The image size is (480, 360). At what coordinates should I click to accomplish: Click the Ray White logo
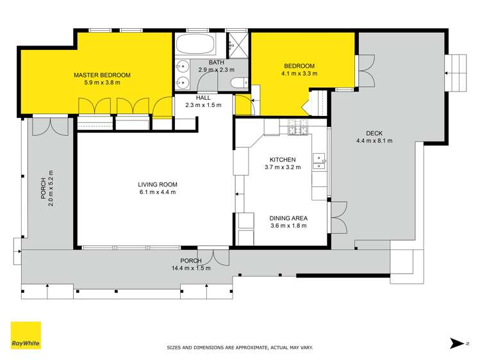26,335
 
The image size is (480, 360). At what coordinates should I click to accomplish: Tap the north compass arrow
457,343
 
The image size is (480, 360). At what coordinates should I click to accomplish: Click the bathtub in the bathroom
195,44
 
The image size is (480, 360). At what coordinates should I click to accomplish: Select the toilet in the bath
239,83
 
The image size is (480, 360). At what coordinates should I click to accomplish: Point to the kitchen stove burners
297,127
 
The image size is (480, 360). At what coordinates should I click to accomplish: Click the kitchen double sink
319,161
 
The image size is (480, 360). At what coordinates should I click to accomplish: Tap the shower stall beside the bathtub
238,45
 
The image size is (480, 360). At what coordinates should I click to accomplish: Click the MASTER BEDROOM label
102,75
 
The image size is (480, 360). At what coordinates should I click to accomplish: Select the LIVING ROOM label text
158,184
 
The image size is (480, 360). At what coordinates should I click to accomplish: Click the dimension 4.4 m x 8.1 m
374,141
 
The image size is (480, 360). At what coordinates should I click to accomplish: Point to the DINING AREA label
288,218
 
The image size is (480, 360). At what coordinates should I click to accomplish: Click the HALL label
203,97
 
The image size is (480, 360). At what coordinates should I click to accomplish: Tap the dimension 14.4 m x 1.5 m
191,268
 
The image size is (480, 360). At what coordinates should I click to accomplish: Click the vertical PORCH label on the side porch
44,188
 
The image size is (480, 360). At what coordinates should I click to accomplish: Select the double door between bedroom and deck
365,71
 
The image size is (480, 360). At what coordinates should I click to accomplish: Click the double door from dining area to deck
338,217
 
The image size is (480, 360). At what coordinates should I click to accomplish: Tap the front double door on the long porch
213,256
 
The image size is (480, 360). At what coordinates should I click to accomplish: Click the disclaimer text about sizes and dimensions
240,347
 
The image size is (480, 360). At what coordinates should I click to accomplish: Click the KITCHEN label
283,160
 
